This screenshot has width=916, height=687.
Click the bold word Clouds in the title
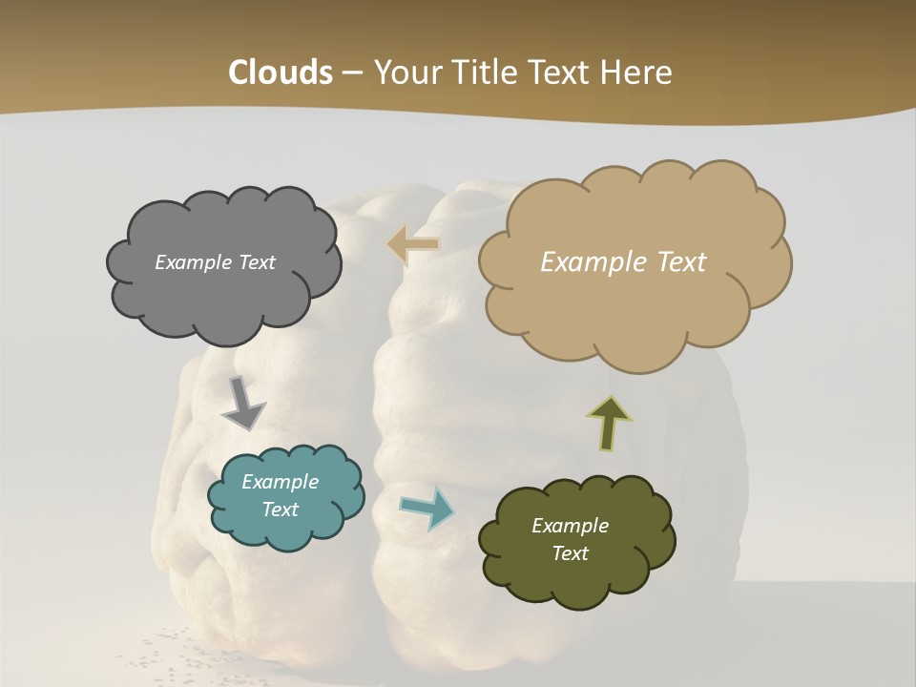280,73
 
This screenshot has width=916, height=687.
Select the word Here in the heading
636,73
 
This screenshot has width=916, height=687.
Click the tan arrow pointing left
413,245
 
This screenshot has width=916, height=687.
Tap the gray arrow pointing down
242,402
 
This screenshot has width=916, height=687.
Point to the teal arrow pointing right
427,508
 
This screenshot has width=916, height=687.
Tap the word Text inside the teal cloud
280,510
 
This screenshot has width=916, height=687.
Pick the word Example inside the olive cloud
570,526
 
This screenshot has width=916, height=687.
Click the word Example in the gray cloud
192,262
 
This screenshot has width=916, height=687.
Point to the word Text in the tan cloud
676,262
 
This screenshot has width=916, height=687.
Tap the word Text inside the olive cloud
570,553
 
